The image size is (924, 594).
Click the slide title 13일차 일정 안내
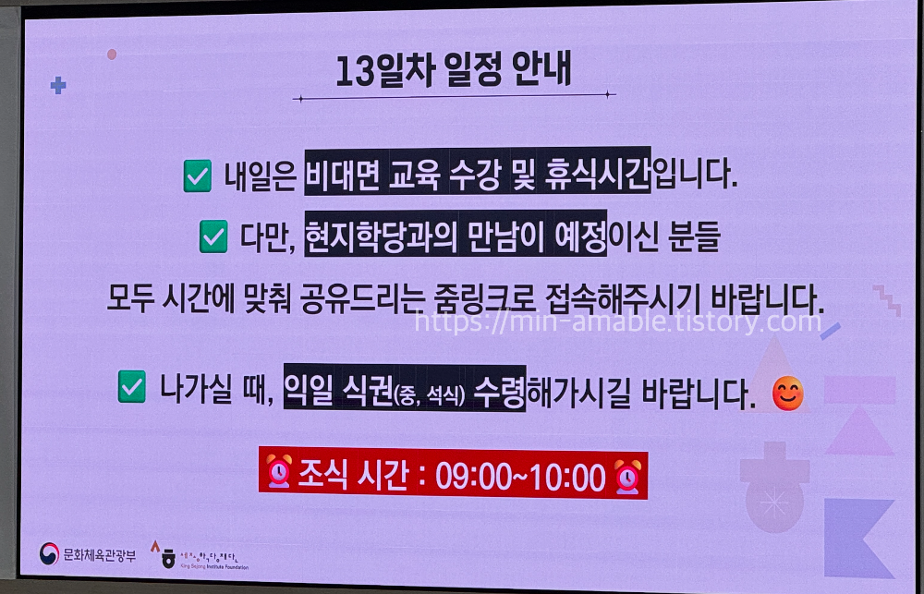(x=454, y=70)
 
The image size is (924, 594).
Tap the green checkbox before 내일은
(x=198, y=176)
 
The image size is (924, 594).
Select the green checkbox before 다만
(x=213, y=238)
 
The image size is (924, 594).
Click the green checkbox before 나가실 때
(x=133, y=388)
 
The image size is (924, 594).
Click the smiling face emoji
(x=787, y=394)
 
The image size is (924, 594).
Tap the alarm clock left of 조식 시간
(x=278, y=475)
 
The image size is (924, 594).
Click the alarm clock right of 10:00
(x=628, y=475)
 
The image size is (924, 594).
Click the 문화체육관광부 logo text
(x=98, y=554)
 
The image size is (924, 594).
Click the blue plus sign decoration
(x=58, y=86)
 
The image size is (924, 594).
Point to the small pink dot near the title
(x=112, y=55)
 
